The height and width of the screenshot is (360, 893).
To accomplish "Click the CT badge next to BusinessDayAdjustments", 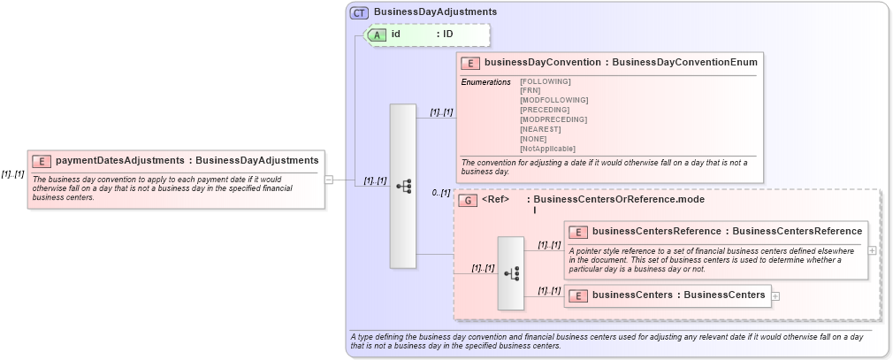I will click(359, 12).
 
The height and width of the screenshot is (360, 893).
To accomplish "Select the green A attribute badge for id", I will click(378, 34).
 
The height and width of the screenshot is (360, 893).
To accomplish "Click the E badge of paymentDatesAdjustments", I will click(42, 161).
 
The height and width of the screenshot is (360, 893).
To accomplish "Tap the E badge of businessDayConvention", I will click(470, 63).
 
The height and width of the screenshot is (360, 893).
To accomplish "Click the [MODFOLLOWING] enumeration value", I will click(553, 100).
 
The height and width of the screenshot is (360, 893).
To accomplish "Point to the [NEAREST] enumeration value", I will click(541, 129).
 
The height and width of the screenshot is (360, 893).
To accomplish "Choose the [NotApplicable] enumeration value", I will click(547, 149).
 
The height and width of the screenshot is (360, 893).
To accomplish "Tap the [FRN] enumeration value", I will click(530, 90).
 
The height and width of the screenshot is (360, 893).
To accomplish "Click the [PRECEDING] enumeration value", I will click(545, 110).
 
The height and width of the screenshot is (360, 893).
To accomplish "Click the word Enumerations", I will click(485, 81).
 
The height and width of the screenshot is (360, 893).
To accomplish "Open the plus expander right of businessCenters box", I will click(776, 295).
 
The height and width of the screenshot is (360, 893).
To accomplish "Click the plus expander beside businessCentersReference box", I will click(873, 250).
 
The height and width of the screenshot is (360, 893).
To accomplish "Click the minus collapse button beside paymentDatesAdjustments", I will click(329, 180).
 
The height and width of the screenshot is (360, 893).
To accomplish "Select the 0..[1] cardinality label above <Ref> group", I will click(441, 192).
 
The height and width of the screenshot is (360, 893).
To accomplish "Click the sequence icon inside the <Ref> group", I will click(511, 274).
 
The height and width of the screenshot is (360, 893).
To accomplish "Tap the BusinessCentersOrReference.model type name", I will click(615, 200).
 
